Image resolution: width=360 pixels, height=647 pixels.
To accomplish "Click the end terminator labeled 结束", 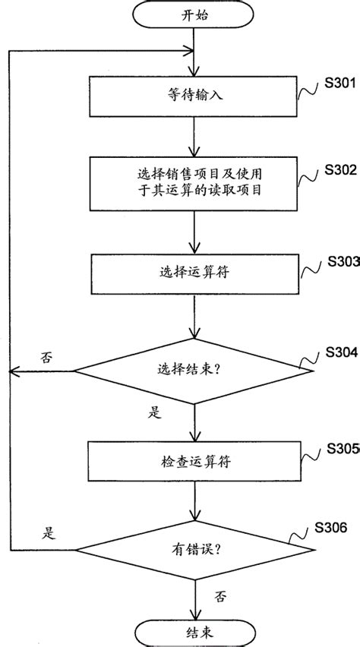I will pos(195,631).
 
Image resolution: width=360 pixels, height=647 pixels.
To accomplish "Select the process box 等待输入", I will pos(195,96).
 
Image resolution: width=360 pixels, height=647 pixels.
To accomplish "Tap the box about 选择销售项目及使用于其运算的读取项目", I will pos(195,183).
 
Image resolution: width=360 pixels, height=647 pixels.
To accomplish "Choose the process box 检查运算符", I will pos(195,462).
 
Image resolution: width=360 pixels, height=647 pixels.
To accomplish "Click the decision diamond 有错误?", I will pos(195,549).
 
